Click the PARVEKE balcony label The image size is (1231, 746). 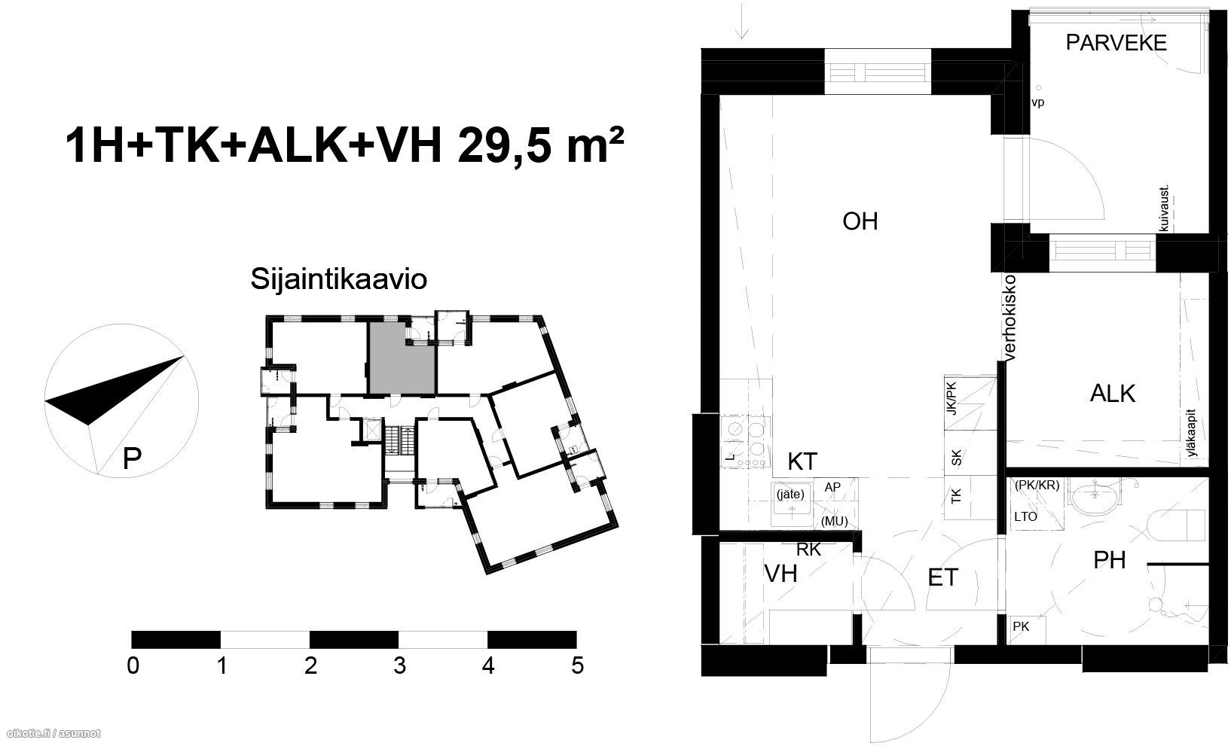pyautogui.click(x=1116, y=43)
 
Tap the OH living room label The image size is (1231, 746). pyautogui.click(x=860, y=222)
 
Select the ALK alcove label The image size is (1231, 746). pyautogui.click(x=1112, y=394)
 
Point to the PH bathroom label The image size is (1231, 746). pyautogui.click(x=1110, y=561)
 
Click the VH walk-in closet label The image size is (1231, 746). pyautogui.click(x=781, y=574)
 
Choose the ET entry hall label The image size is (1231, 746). pyautogui.click(x=943, y=578)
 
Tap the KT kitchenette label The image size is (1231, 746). pyautogui.click(x=802, y=461)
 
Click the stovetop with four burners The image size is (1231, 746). pyautogui.click(x=746, y=441)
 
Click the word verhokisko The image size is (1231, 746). pyautogui.click(x=1010, y=318)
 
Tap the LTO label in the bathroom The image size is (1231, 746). pyautogui.click(x=1025, y=517)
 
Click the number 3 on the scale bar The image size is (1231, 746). pyautogui.click(x=399, y=666)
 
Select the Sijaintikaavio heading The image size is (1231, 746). pyautogui.click(x=338, y=279)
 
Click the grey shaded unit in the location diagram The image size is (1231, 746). pyautogui.click(x=402, y=358)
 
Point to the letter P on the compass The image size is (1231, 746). pyautogui.click(x=132, y=458)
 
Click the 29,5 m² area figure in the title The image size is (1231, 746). pyautogui.click(x=541, y=145)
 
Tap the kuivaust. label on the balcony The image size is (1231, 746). pyautogui.click(x=1163, y=208)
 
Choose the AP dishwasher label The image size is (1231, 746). pyautogui.click(x=832, y=488)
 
